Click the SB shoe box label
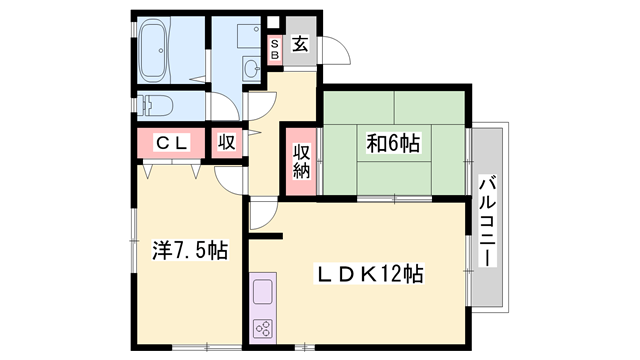(275, 49)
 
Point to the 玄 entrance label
(300, 44)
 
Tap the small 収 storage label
(227, 142)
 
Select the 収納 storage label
(301, 160)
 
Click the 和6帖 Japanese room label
(393, 144)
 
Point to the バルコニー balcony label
(487, 219)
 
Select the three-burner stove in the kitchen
(264, 327)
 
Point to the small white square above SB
(274, 21)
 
